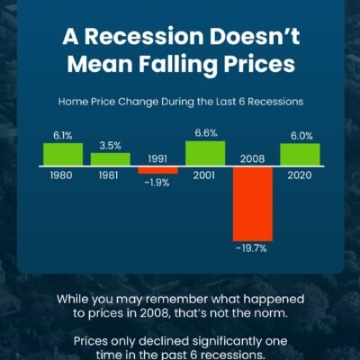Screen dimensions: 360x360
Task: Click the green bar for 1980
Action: pos(63,154)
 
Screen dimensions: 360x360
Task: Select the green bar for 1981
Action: pos(111,159)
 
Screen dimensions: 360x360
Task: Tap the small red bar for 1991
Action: pos(157,170)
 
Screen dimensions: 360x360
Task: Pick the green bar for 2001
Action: pos(205,153)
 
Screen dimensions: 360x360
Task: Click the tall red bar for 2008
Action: pos(253,204)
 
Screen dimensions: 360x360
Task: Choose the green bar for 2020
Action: pos(300,155)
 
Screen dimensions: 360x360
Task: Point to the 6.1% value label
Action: pos(63,136)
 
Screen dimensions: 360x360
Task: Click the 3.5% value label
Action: pos(111,146)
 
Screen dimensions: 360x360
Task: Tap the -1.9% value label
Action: pos(157,183)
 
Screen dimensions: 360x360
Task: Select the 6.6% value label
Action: pos(206,133)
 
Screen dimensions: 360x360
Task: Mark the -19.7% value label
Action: pos(251,248)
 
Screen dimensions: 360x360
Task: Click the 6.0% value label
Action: pos(301,136)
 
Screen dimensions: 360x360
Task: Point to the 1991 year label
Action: pos(157,159)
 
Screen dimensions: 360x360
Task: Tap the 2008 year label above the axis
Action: pos(252,159)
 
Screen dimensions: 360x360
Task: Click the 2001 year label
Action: pos(204,175)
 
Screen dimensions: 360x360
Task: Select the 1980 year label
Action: pos(61,175)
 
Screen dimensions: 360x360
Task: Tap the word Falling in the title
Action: pos(178,65)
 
